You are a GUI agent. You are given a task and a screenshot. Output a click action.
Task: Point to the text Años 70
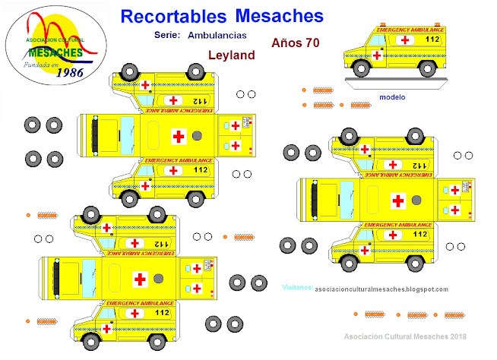tap(295, 43)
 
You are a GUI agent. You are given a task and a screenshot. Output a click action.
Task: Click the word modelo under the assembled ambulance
tap(393, 97)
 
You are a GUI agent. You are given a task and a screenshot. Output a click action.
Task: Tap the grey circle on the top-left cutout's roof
tap(198, 136)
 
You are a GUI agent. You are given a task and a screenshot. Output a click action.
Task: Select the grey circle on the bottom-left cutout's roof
tap(158, 279)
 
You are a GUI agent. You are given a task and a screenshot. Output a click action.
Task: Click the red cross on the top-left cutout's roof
tap(179, 136)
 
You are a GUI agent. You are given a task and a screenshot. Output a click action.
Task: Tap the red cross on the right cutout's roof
tap(397, 201)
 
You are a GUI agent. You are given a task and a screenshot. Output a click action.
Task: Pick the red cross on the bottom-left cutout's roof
tap(140, 279)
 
